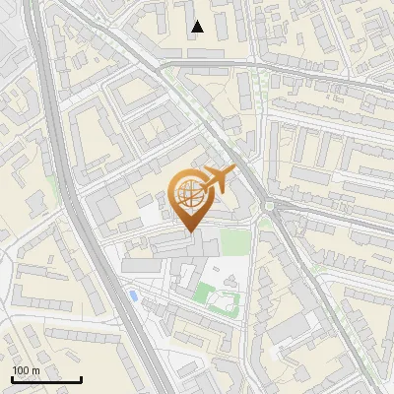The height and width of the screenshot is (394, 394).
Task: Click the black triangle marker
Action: pos(198,27)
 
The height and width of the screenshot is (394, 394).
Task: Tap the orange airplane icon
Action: pos(218,180)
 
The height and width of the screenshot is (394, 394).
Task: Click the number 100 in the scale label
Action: pos(21,370)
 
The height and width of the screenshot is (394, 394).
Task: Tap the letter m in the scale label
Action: pos(35,370)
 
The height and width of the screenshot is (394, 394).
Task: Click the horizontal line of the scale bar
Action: pos(46,379)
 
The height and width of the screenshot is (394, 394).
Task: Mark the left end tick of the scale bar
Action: pos(13,377)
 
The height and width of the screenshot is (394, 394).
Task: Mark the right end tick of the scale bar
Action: pos(81,377)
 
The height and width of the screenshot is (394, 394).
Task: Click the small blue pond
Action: pos(132,294)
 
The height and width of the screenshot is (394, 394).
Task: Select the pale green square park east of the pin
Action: pos(232,241)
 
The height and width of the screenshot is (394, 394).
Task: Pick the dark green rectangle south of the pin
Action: pos(206,293)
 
